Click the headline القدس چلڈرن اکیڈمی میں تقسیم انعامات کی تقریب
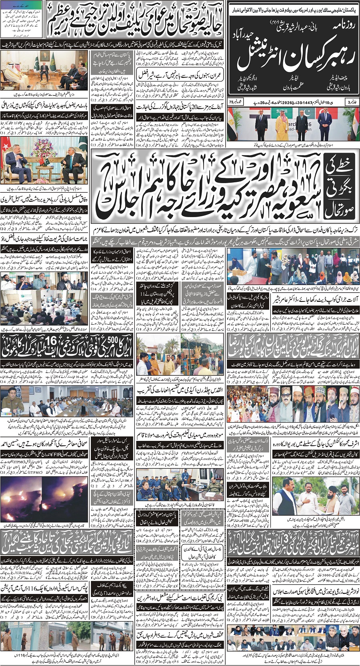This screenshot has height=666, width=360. coord(180,391)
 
